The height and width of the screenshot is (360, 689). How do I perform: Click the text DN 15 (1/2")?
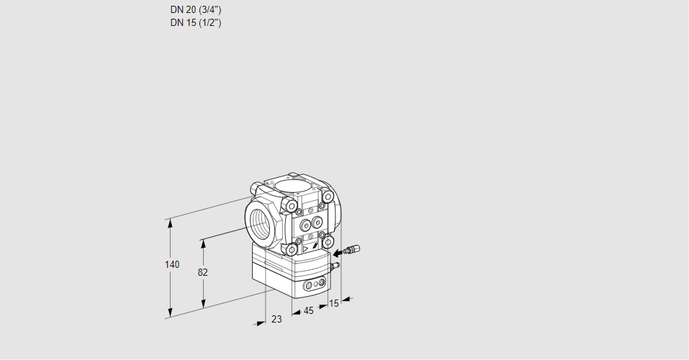click(x=196, y=23)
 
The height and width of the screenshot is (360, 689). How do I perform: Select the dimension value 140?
click(x=171, y=265)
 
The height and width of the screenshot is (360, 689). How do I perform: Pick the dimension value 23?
click(x=276, y=319)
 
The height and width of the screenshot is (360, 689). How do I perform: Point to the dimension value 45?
click(x=308, y=311)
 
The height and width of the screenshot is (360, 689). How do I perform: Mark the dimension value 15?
click(x=333, y=304)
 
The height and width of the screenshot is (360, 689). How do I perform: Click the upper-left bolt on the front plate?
click(x=291, y=207)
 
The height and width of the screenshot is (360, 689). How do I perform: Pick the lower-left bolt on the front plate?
click(x=292, y=249)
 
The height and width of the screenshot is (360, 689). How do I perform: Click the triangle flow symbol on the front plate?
click(x=305, y=248)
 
